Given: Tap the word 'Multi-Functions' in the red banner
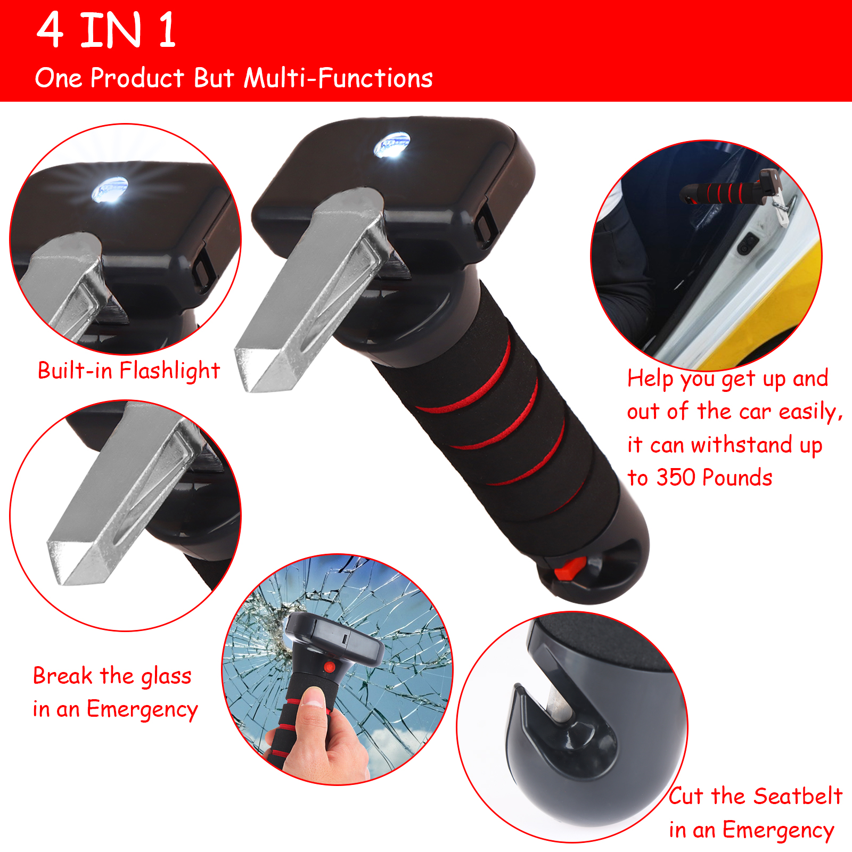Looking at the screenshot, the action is [338, 78].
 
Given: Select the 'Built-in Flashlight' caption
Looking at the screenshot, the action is [129, 371].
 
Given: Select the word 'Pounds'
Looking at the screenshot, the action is [741, 478].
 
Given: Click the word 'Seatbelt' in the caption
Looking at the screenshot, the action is [798, 796].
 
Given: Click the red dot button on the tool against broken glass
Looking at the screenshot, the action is [330, 667].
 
